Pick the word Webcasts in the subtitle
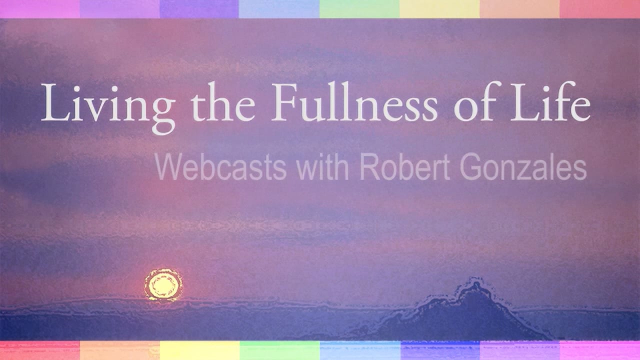coord(220,168)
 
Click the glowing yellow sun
coord(163,285)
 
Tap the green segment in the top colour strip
coord(359,8)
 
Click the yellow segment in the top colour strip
coord(439,8)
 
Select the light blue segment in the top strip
coord(279,8)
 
